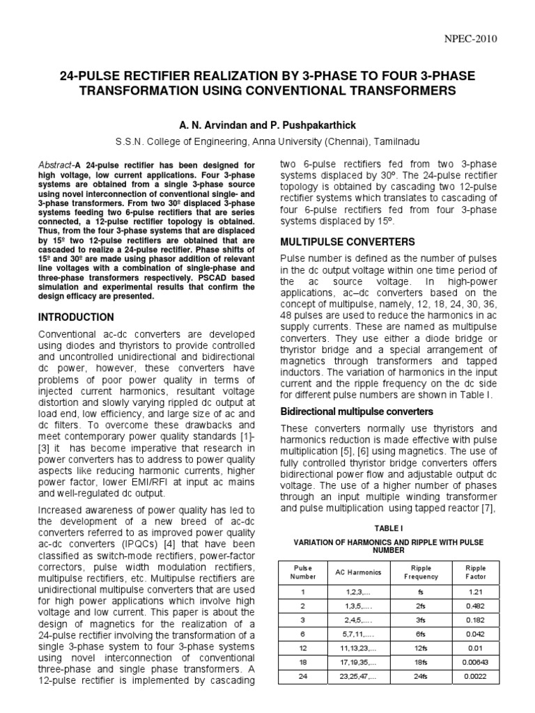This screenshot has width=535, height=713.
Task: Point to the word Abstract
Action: (x=55, y=164)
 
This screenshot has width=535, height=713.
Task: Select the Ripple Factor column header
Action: (x=476, y=572)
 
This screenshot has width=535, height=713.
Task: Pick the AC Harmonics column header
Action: (x=359, y=572)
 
